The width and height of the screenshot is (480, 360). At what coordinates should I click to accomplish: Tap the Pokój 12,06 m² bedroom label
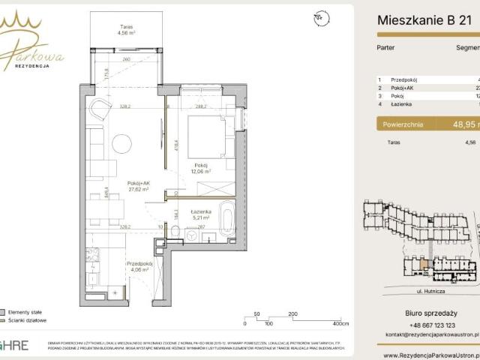(x=200, y=168)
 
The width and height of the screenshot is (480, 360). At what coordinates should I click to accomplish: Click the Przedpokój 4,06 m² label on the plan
(x=140, y=266)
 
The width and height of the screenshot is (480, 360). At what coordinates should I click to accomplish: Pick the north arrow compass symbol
(x=321, y=17)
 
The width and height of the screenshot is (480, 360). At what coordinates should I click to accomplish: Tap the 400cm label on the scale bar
(x=341, y=324)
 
